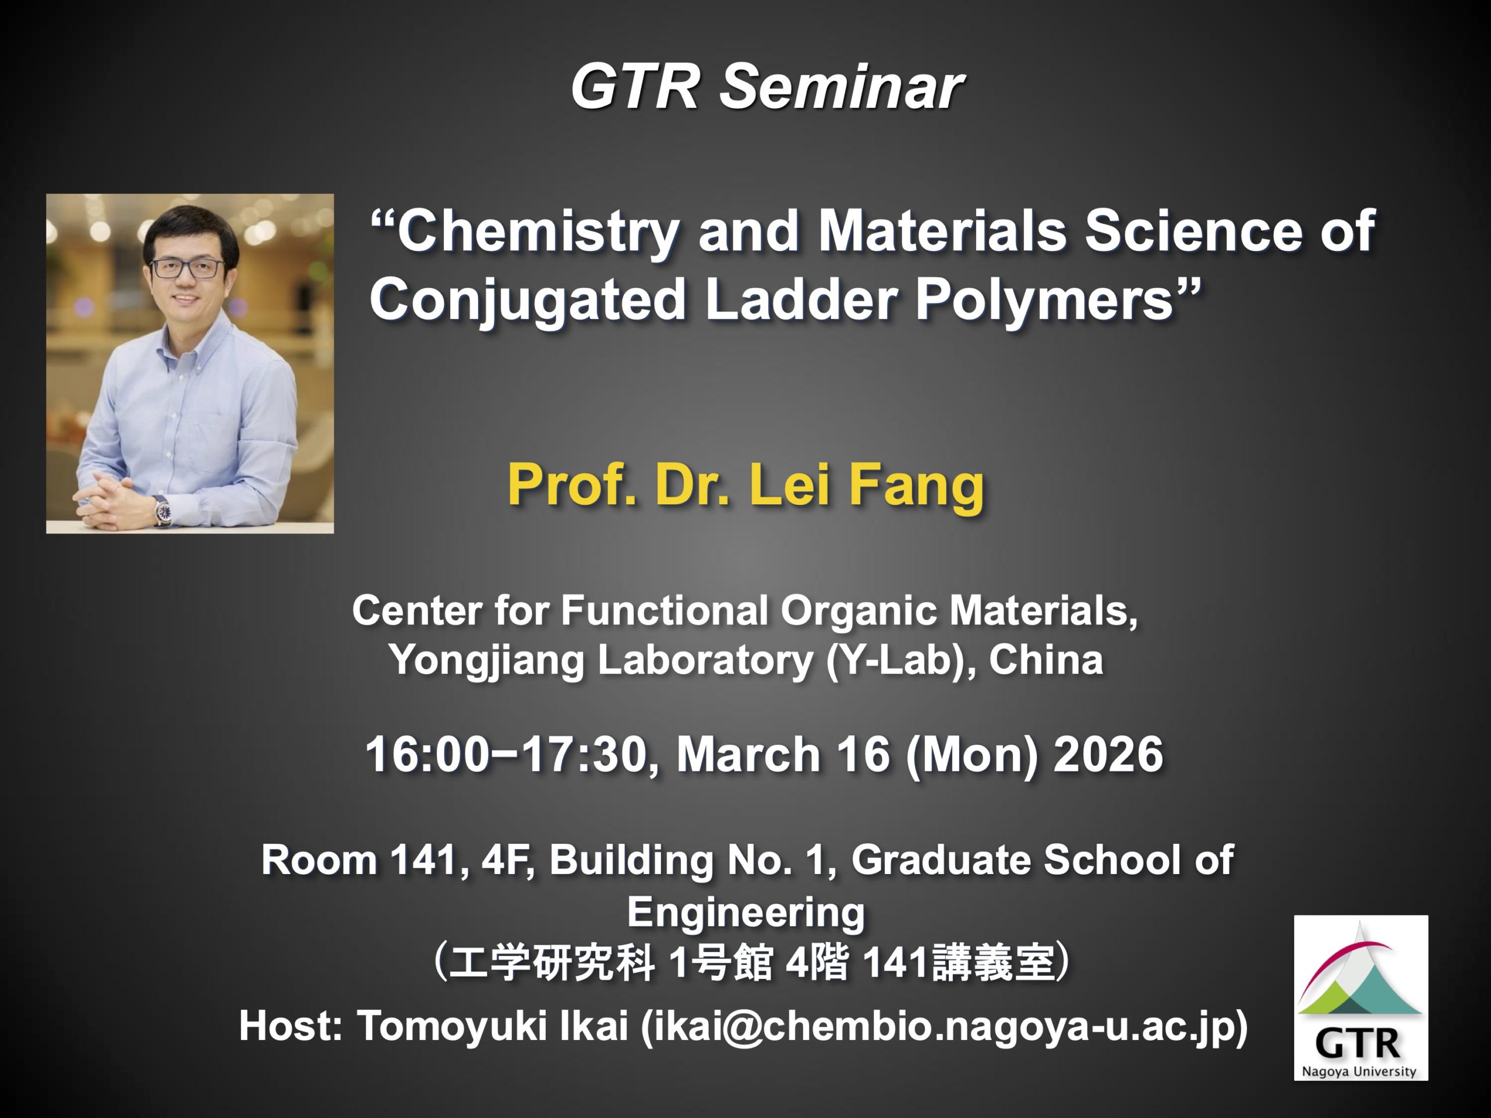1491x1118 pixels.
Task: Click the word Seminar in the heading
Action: [841, 87]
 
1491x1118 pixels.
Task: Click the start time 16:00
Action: [427, 754]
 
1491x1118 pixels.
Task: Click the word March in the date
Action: [748, 754]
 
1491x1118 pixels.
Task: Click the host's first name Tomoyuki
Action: [451, 1027]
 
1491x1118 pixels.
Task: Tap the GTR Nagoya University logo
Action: [1360, 997]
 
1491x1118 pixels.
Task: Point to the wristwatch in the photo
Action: [162, 510]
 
